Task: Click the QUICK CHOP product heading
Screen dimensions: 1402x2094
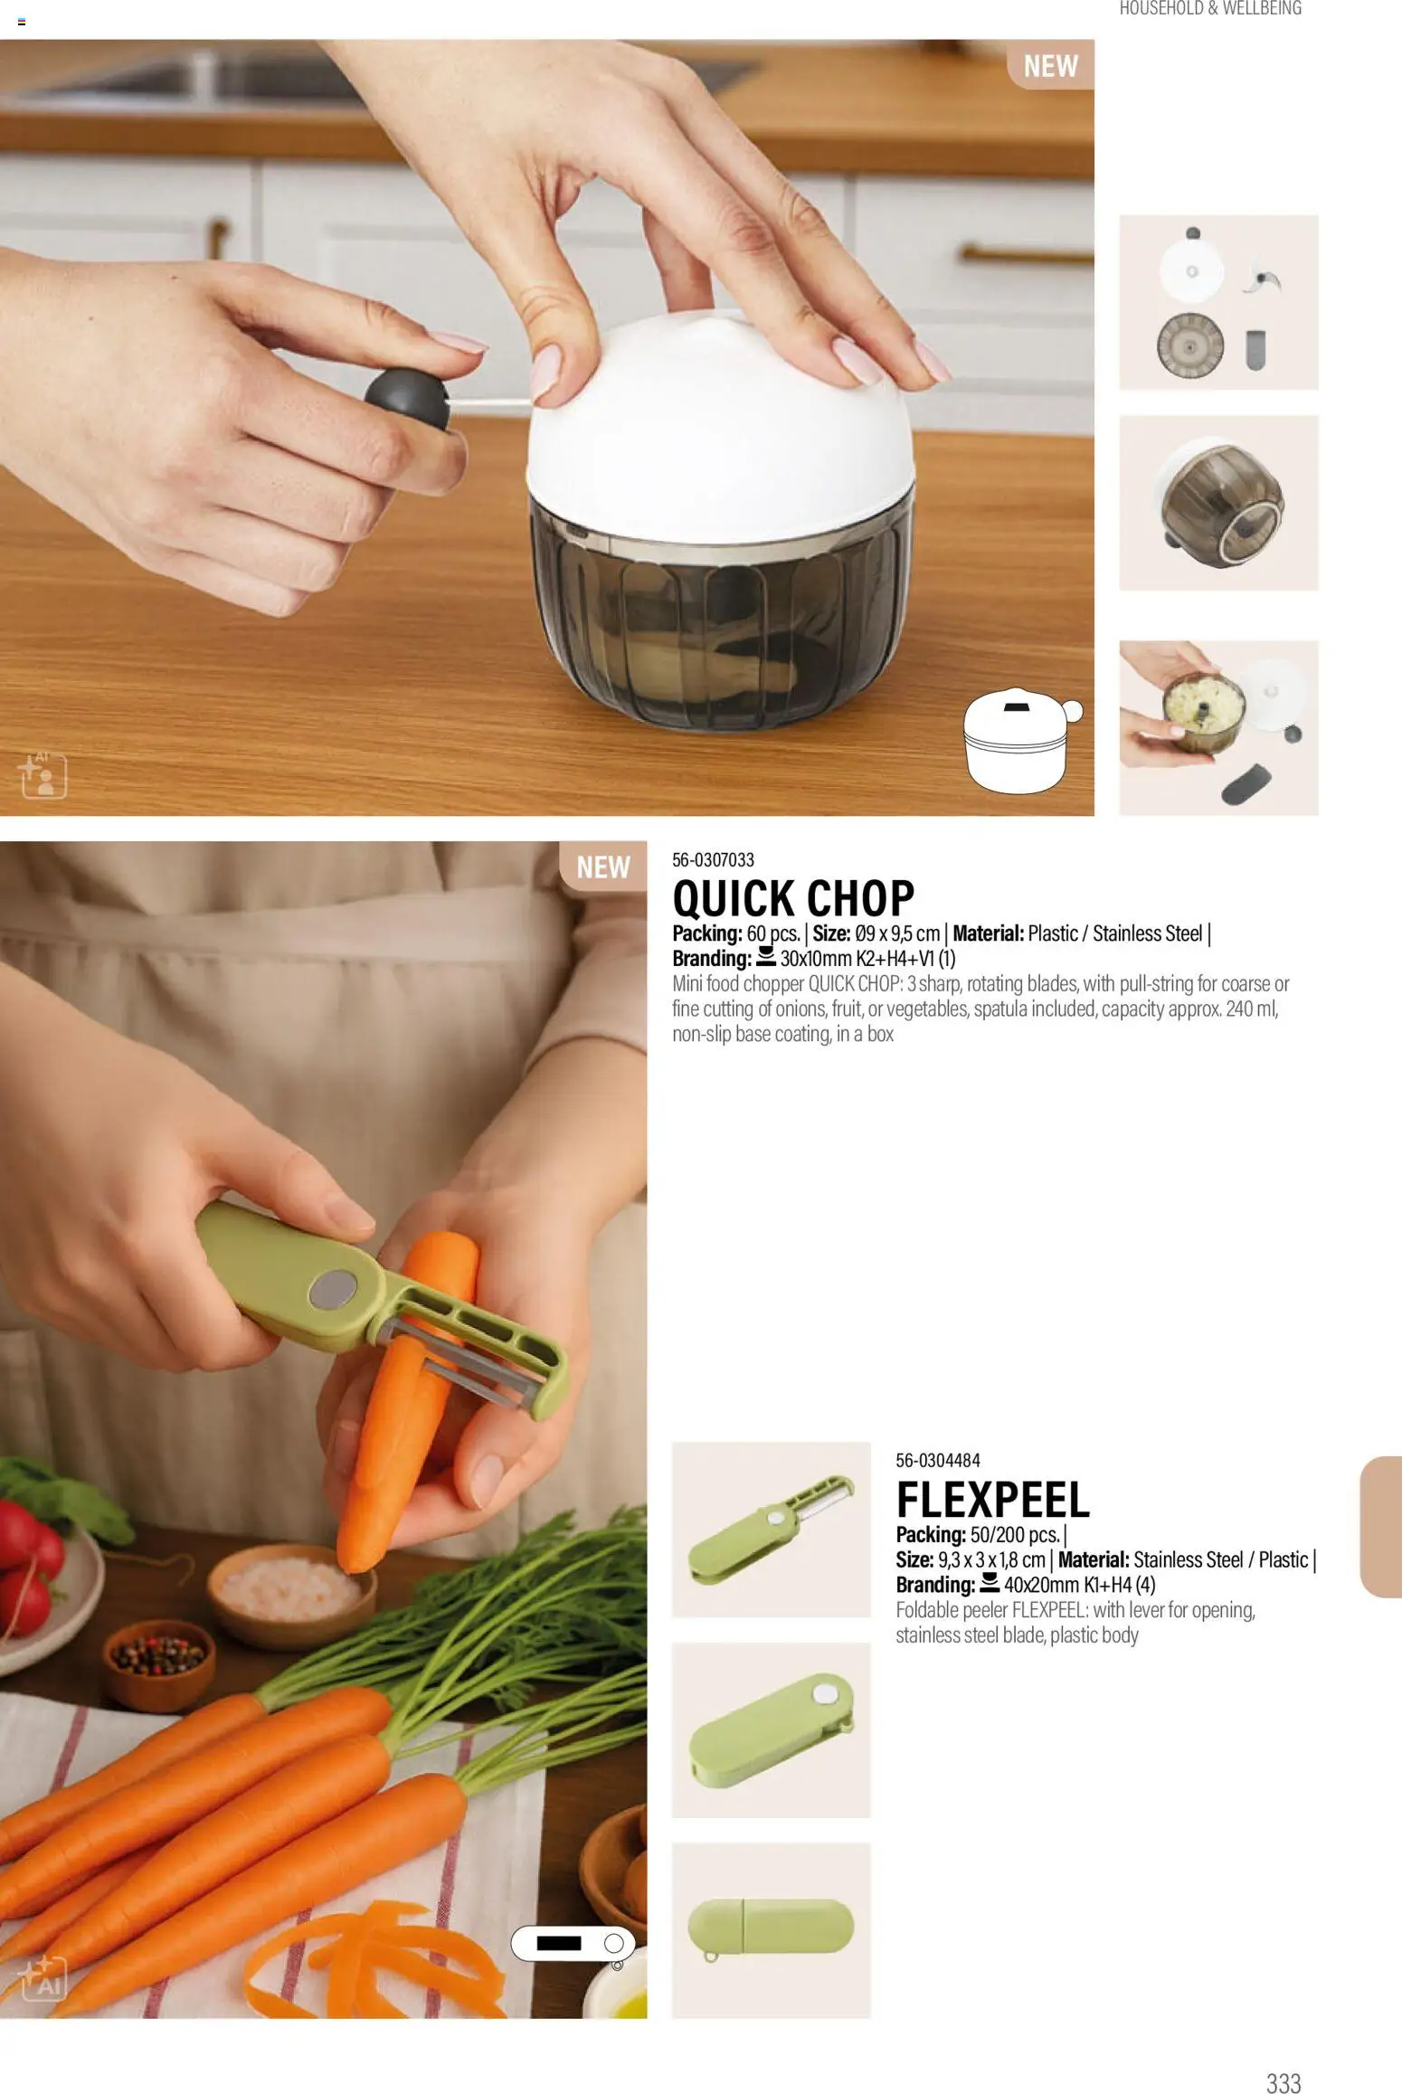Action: (x=793, y=898)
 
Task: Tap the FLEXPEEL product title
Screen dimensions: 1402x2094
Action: (x=992, y=1500)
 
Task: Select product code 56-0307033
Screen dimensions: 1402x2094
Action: (x=713, y=859)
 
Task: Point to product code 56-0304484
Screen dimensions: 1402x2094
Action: (x=937, y=1460)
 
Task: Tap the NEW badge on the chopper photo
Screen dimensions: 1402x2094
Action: (x=1050, y=65)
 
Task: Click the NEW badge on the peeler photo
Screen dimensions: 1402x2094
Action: (x=602, y=867)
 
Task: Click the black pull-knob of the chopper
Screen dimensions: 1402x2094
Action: (x=407, y=399)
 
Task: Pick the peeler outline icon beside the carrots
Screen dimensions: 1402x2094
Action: (x=573, y=1943)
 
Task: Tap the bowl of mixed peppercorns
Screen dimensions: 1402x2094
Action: (x=158, y=1663)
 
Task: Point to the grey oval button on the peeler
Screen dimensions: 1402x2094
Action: (x=334, y=1289)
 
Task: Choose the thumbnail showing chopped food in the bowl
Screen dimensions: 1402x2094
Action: (x=1218, y=727)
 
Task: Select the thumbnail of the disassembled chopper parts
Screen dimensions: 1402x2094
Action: (x=1218, y=302)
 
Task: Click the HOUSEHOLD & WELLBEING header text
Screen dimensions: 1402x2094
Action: (x=1210, y=9)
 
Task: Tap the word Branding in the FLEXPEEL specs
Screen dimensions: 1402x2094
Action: (x=935, y=1584)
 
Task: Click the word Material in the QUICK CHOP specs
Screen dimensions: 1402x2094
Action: (x=988, y=933)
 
